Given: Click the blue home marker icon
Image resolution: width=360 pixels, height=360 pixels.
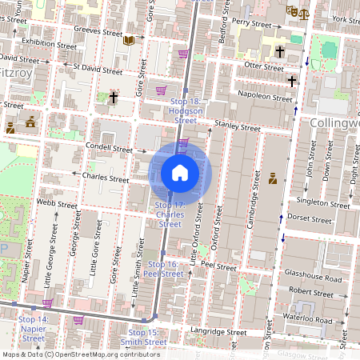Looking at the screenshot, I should (180, 172).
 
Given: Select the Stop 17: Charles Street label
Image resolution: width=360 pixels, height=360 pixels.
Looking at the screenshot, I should (169, 215).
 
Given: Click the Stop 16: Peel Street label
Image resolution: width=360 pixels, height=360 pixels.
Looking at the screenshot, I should (162, 269).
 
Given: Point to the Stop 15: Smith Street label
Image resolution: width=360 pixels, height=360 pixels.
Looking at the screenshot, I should (146, 337).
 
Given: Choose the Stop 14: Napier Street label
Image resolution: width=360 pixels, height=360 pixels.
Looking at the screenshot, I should (33, 324).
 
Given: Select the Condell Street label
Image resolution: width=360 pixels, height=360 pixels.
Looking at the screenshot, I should (110, 149).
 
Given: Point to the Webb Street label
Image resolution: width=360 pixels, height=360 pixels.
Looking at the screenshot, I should (57, 205).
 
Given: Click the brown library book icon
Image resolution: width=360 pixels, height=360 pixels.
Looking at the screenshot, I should (130, 38).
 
